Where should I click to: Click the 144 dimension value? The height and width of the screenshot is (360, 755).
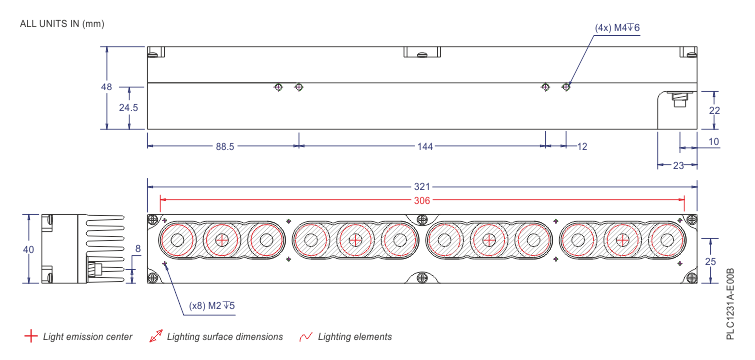tap(424, 146)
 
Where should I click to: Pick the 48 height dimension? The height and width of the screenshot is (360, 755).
tap(106, 87)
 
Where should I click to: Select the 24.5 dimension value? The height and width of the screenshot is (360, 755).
tap(128, 107)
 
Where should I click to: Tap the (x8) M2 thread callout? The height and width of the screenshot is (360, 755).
tap(211, 305)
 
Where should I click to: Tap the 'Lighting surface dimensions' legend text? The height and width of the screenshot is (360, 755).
tap(225, 337)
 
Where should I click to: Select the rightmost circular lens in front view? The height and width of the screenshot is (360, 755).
tap(664, 240)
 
